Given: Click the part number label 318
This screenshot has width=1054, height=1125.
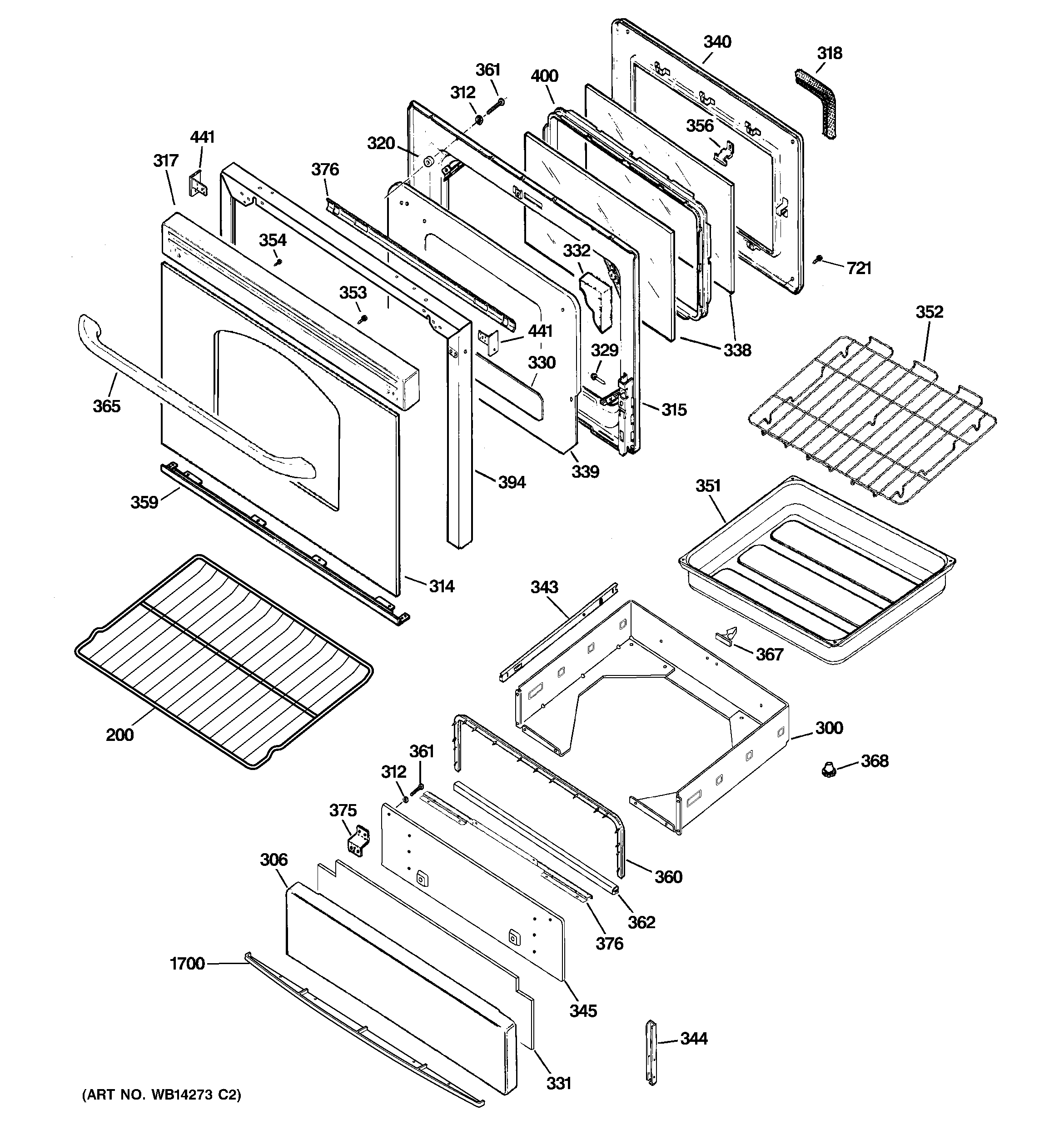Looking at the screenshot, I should [x=830, y=53].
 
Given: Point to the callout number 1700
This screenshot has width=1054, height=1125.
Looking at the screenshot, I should [x=187, y=963].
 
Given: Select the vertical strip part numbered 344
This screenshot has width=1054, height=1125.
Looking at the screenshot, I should [x=652, y=1052].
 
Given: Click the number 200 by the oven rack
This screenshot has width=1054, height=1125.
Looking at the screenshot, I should [x=120, y=735].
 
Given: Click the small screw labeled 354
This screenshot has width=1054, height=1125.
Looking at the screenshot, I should [x=277, y=262].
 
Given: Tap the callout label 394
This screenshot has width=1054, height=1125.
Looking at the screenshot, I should [x=512, y=482].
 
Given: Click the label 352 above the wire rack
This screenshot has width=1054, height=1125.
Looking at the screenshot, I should [x=930, y=312].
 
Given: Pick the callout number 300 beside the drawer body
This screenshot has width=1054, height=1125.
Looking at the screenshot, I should [x=829, y=728].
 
